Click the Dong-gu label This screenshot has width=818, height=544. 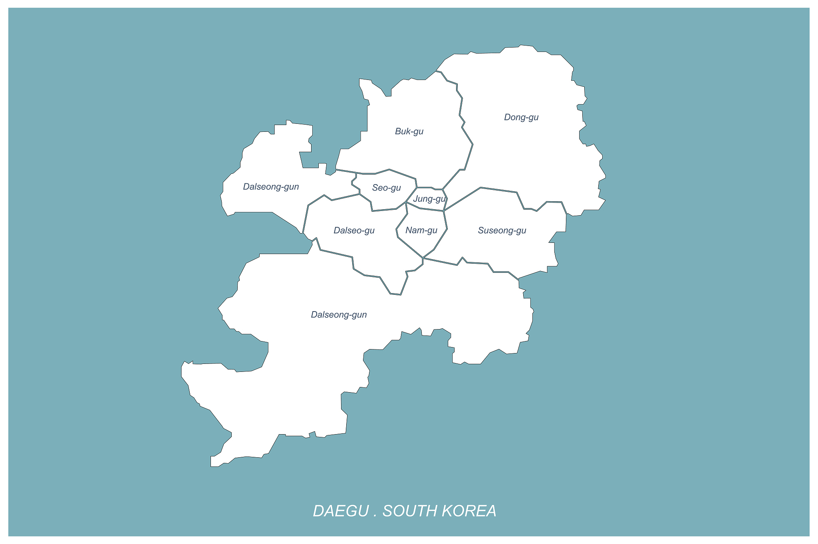click(x=521, y=117)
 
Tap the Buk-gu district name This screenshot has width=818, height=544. click(x=409, y=131)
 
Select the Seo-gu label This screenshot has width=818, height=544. click(x=386, y=188)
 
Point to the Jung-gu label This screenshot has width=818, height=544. click(x=429, y=199)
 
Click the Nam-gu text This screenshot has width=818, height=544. click(x=421, y=230)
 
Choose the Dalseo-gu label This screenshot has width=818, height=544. click(x=354, y=230)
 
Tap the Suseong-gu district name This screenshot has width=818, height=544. click(x=502, y=230)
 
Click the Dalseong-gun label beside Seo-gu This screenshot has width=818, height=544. click(x=271, y=187)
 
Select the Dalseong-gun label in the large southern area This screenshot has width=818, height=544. click(x=339, y=315)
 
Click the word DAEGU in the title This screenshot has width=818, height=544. click(x=341, y=511)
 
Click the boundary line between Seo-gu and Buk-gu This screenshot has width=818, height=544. click(x=389, y=170)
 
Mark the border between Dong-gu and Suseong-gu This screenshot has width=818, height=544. click(x=499, y=190)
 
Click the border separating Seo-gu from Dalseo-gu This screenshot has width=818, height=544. click(x=383, y=209)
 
